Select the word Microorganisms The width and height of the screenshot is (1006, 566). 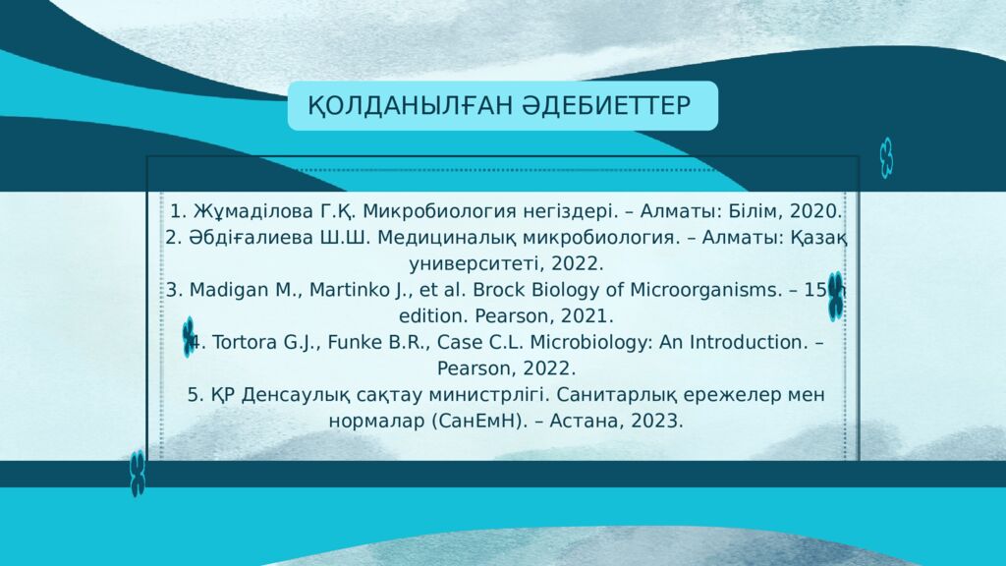[703, 290]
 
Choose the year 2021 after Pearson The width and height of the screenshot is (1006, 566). [585, 316]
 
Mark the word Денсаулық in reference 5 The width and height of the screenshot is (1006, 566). [296, 395]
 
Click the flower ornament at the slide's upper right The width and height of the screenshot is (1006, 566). [886, 157]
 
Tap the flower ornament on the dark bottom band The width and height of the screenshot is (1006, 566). [138, 474]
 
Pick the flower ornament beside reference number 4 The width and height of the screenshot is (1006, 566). [188, 337]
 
